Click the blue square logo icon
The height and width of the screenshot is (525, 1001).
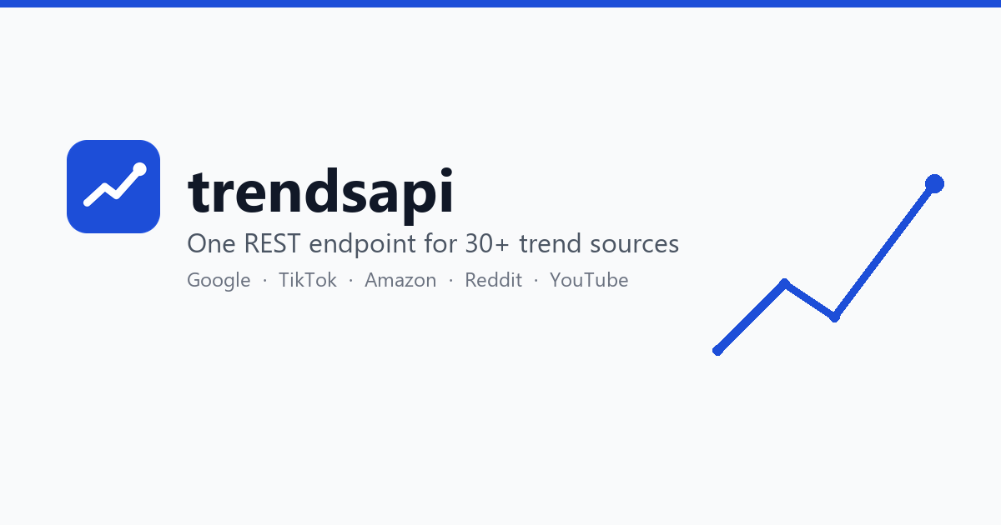pyautogui.click(x=113, y=187)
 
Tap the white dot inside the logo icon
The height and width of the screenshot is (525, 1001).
pyautogui.click(x=140, y=169)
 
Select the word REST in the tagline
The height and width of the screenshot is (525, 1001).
pyautogui.click(x=272, y=243)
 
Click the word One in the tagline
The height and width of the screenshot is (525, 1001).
pyautogui.click(x=211, y=243)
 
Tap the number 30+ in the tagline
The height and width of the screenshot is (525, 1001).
pyautogui.click(x=486, y=243)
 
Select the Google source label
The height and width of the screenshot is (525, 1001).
pyautogui.click(x=219, y=281)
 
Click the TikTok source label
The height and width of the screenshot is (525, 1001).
pyautogui.click(x=308, y=280)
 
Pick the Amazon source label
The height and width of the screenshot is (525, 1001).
pyautogui.click(x=400, y=280)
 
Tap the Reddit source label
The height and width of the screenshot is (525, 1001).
pyautogui.click(x=493, y=280)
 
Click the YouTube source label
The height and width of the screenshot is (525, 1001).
pyautogui.click(x=589, y=280)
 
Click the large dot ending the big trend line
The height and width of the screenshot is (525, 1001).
pyautogui.click(x=934, y=184)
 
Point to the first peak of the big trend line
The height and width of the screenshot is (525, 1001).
pyautogui.click(x=784, y=283)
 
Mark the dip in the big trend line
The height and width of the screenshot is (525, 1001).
pyautogui.click(x=834, y=317)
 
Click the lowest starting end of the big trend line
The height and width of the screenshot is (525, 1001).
pyautogui.click(x=717, y=351)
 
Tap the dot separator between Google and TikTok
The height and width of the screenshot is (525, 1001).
pyautogui.click(x=265, y=280)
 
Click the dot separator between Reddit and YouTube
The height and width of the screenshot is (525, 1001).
pyautogui.click(x=536, y=280)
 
